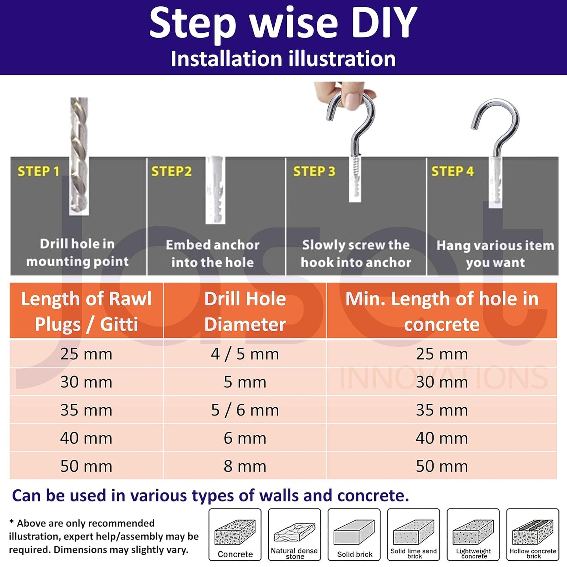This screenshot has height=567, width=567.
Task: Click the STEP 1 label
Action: click(x=38, y=171)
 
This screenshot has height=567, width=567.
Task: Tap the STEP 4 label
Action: click(x=452, y=171)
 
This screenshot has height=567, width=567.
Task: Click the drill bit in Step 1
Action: click(x=79, y=156)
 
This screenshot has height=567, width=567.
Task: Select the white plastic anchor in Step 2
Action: click(x=215, y=190)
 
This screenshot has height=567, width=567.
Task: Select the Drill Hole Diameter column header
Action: click(x=245, y=311)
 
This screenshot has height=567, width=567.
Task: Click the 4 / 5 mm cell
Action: click(x=245, y=354)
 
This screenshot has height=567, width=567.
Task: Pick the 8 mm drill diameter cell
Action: click(x=245, y=466)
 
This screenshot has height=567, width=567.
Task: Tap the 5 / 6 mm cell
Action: click(x=245, y=410)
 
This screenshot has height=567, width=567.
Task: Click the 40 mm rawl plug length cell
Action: click(x=86, y=438)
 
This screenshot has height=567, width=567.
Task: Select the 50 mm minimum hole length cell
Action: click(x=442, y=466)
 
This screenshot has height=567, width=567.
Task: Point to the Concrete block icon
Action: click(x=235, y=532)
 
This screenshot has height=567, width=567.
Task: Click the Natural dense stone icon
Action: click(x=295, y=532)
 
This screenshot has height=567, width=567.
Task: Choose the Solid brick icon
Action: click(x=354, y=532)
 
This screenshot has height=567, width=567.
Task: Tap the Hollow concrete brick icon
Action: click(x=532, y=532)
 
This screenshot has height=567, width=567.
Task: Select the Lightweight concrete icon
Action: click(x=473, y=532)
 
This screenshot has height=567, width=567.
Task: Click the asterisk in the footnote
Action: click(x=11, y=522)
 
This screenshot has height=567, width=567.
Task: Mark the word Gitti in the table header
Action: click(x=119, y=325)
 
